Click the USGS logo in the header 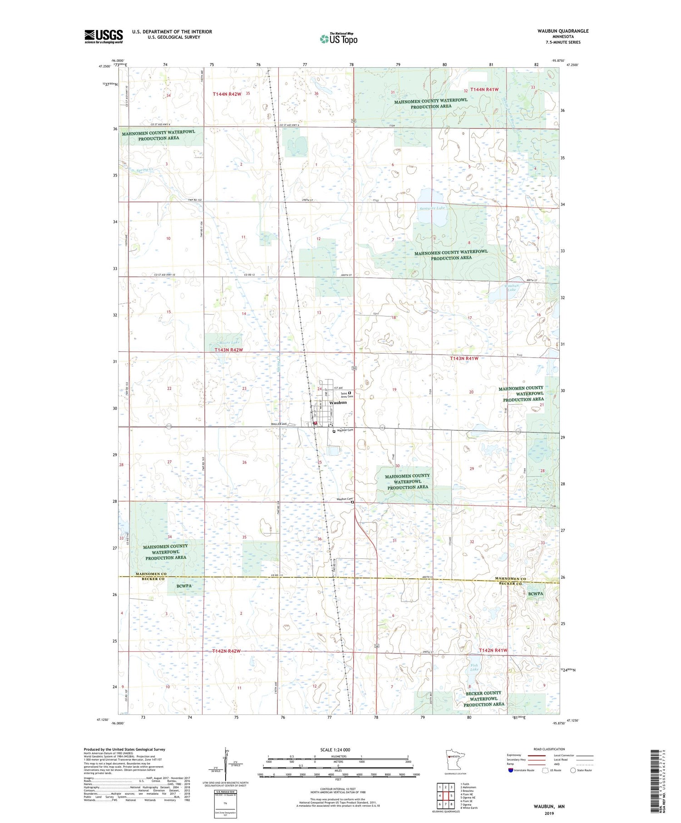[x=104, y=36]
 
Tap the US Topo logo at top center [x=338, y=39]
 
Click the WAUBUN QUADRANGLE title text [x=563, y=31]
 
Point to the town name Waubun [x=338, y=403]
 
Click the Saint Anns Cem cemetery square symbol [x=350, y=393]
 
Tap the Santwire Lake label [x=432, y=208]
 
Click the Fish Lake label [x=474, y=667]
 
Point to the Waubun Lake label [x=512, y=287]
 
